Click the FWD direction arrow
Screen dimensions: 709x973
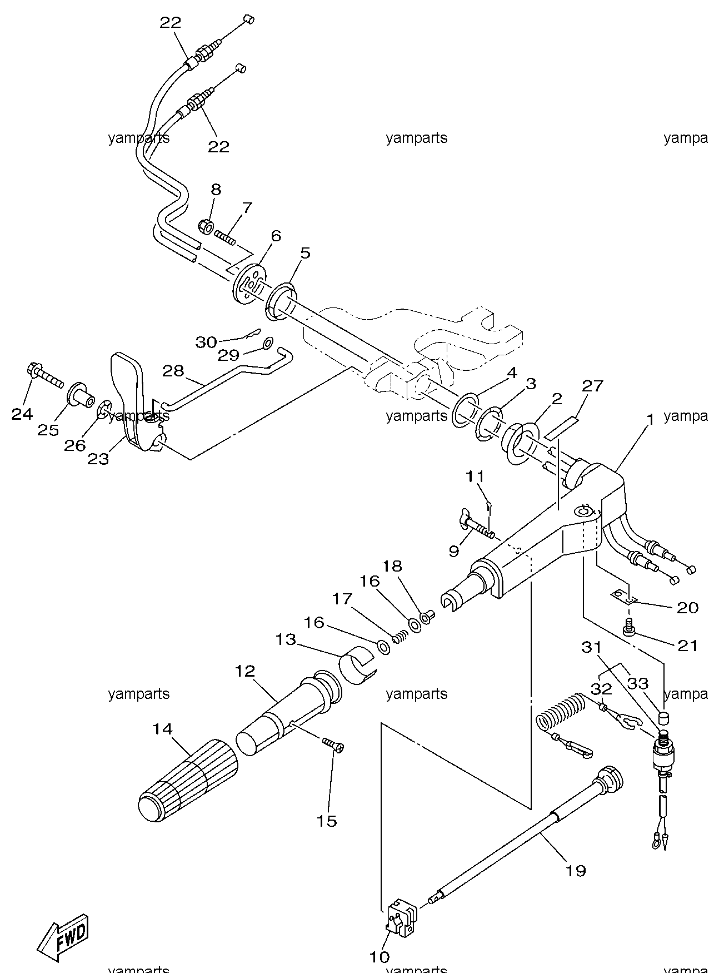tap(62, 936)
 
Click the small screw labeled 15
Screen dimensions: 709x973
tap(333, 743)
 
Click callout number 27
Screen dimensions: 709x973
tap(592, 385)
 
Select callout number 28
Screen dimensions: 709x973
tap(173, 370)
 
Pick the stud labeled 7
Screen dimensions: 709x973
tap(224, 237)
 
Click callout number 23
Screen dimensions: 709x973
tap(98, 459)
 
